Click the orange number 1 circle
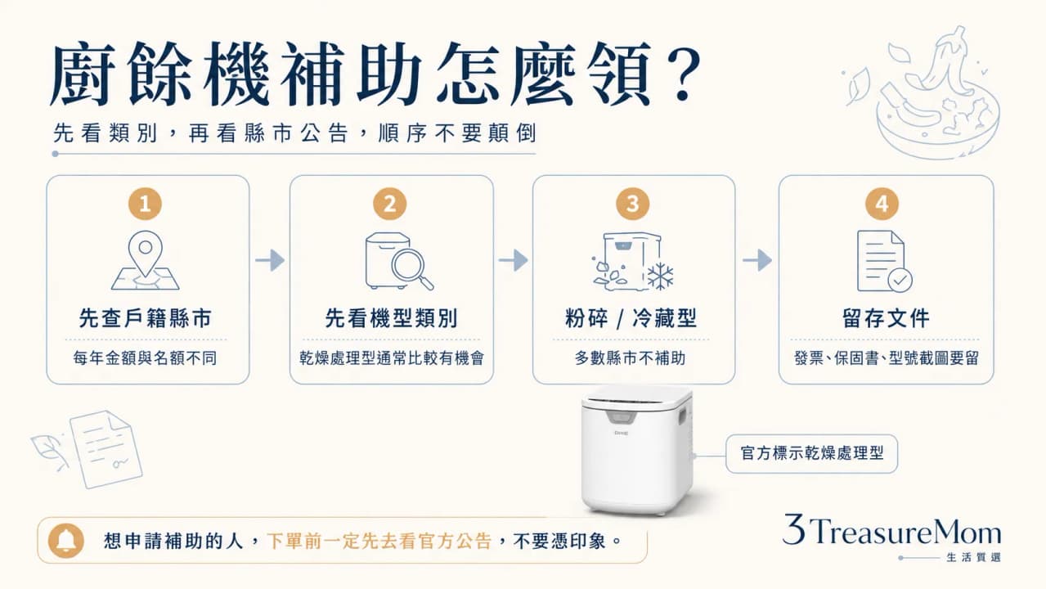(x=146, y=204)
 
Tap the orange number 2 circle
(x=390, y=204)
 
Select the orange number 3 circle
(x=633, y=204)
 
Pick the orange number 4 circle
(x=882, y=204)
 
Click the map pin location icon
(x=146, y=254)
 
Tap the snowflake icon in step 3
(x=660, y=276)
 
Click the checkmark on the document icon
(x=900, y=281)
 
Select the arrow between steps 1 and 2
(x=270, y=260)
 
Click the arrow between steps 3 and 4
(x=757, y=260)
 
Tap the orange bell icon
(x=66, y=541)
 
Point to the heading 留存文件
(x=886, y=318)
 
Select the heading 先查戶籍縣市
(x=146, y=318)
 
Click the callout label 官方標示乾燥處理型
(x=811, y=453)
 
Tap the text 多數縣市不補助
(x=630, y=358)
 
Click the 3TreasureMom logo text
(x=892, y=529)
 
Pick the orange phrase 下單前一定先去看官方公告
(x=379, y=542)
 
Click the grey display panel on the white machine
(x=622, y=417)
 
